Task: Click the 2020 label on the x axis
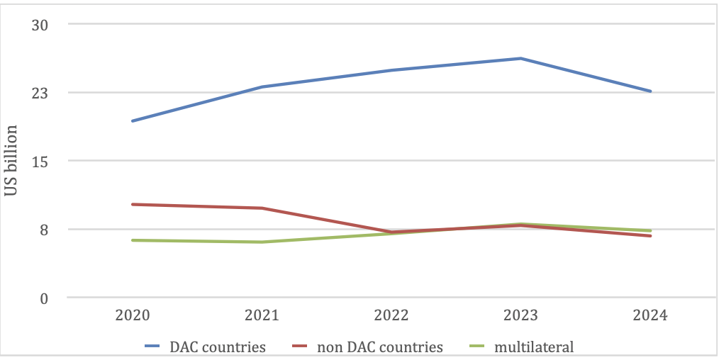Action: (133, 315)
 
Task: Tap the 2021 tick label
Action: (262, 315)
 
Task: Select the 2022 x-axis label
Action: (391, 315)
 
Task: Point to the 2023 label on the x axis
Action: (520, 315)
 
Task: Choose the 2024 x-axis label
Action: (650, 315)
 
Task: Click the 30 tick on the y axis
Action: (40, 25)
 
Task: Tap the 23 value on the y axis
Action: (40, 94)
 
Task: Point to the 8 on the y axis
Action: (45, 230)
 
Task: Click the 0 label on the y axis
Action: (45, 298)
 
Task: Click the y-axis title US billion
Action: (11, 160)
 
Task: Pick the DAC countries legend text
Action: (218, 347)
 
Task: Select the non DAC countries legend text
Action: (380, 347)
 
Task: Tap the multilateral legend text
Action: (534, 347)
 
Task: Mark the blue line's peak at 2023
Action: (520, 58)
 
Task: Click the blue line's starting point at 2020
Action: (133, 121)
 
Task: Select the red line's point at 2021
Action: (262, 208)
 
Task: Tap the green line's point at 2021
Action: (262, 242)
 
